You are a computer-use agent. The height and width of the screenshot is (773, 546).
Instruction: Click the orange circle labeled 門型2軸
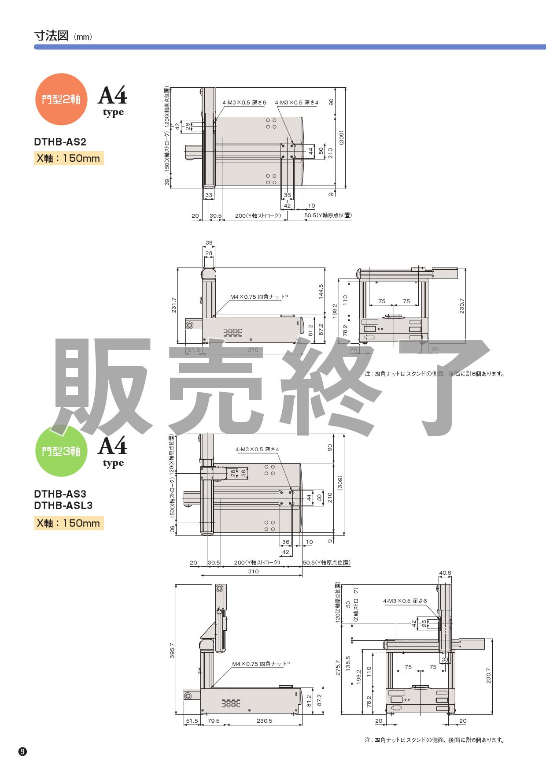pyautogui.click(x=61, y=99)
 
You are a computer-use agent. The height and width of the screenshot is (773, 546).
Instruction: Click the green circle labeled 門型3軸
pyautogui.click(x=61, y=451)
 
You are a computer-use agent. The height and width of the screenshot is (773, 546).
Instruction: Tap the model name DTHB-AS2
pyautogui.click(x=60, y=142)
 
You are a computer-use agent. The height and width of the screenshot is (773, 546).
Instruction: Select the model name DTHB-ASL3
pyautogui.click(x=63, y=505)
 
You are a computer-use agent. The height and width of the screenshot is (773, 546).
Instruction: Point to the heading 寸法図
pyautogui.click(x=51, y=36)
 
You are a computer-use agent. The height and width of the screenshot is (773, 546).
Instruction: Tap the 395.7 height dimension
pyautogui.click(x=172, y=651)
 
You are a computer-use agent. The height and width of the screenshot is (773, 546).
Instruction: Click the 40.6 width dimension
pyautogui.click(x=445, y=573)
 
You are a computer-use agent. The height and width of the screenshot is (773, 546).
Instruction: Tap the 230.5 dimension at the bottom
pyautogui.click(x=264, y=721)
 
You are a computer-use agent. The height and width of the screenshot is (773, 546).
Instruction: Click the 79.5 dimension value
pyautogui.click(x=214, y=721)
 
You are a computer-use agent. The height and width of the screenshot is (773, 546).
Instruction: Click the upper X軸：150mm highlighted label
pyautogui.click(x=69, y=158)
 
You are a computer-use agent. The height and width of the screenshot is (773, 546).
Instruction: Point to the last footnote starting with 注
pyautogui.click(x=434, y=740)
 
